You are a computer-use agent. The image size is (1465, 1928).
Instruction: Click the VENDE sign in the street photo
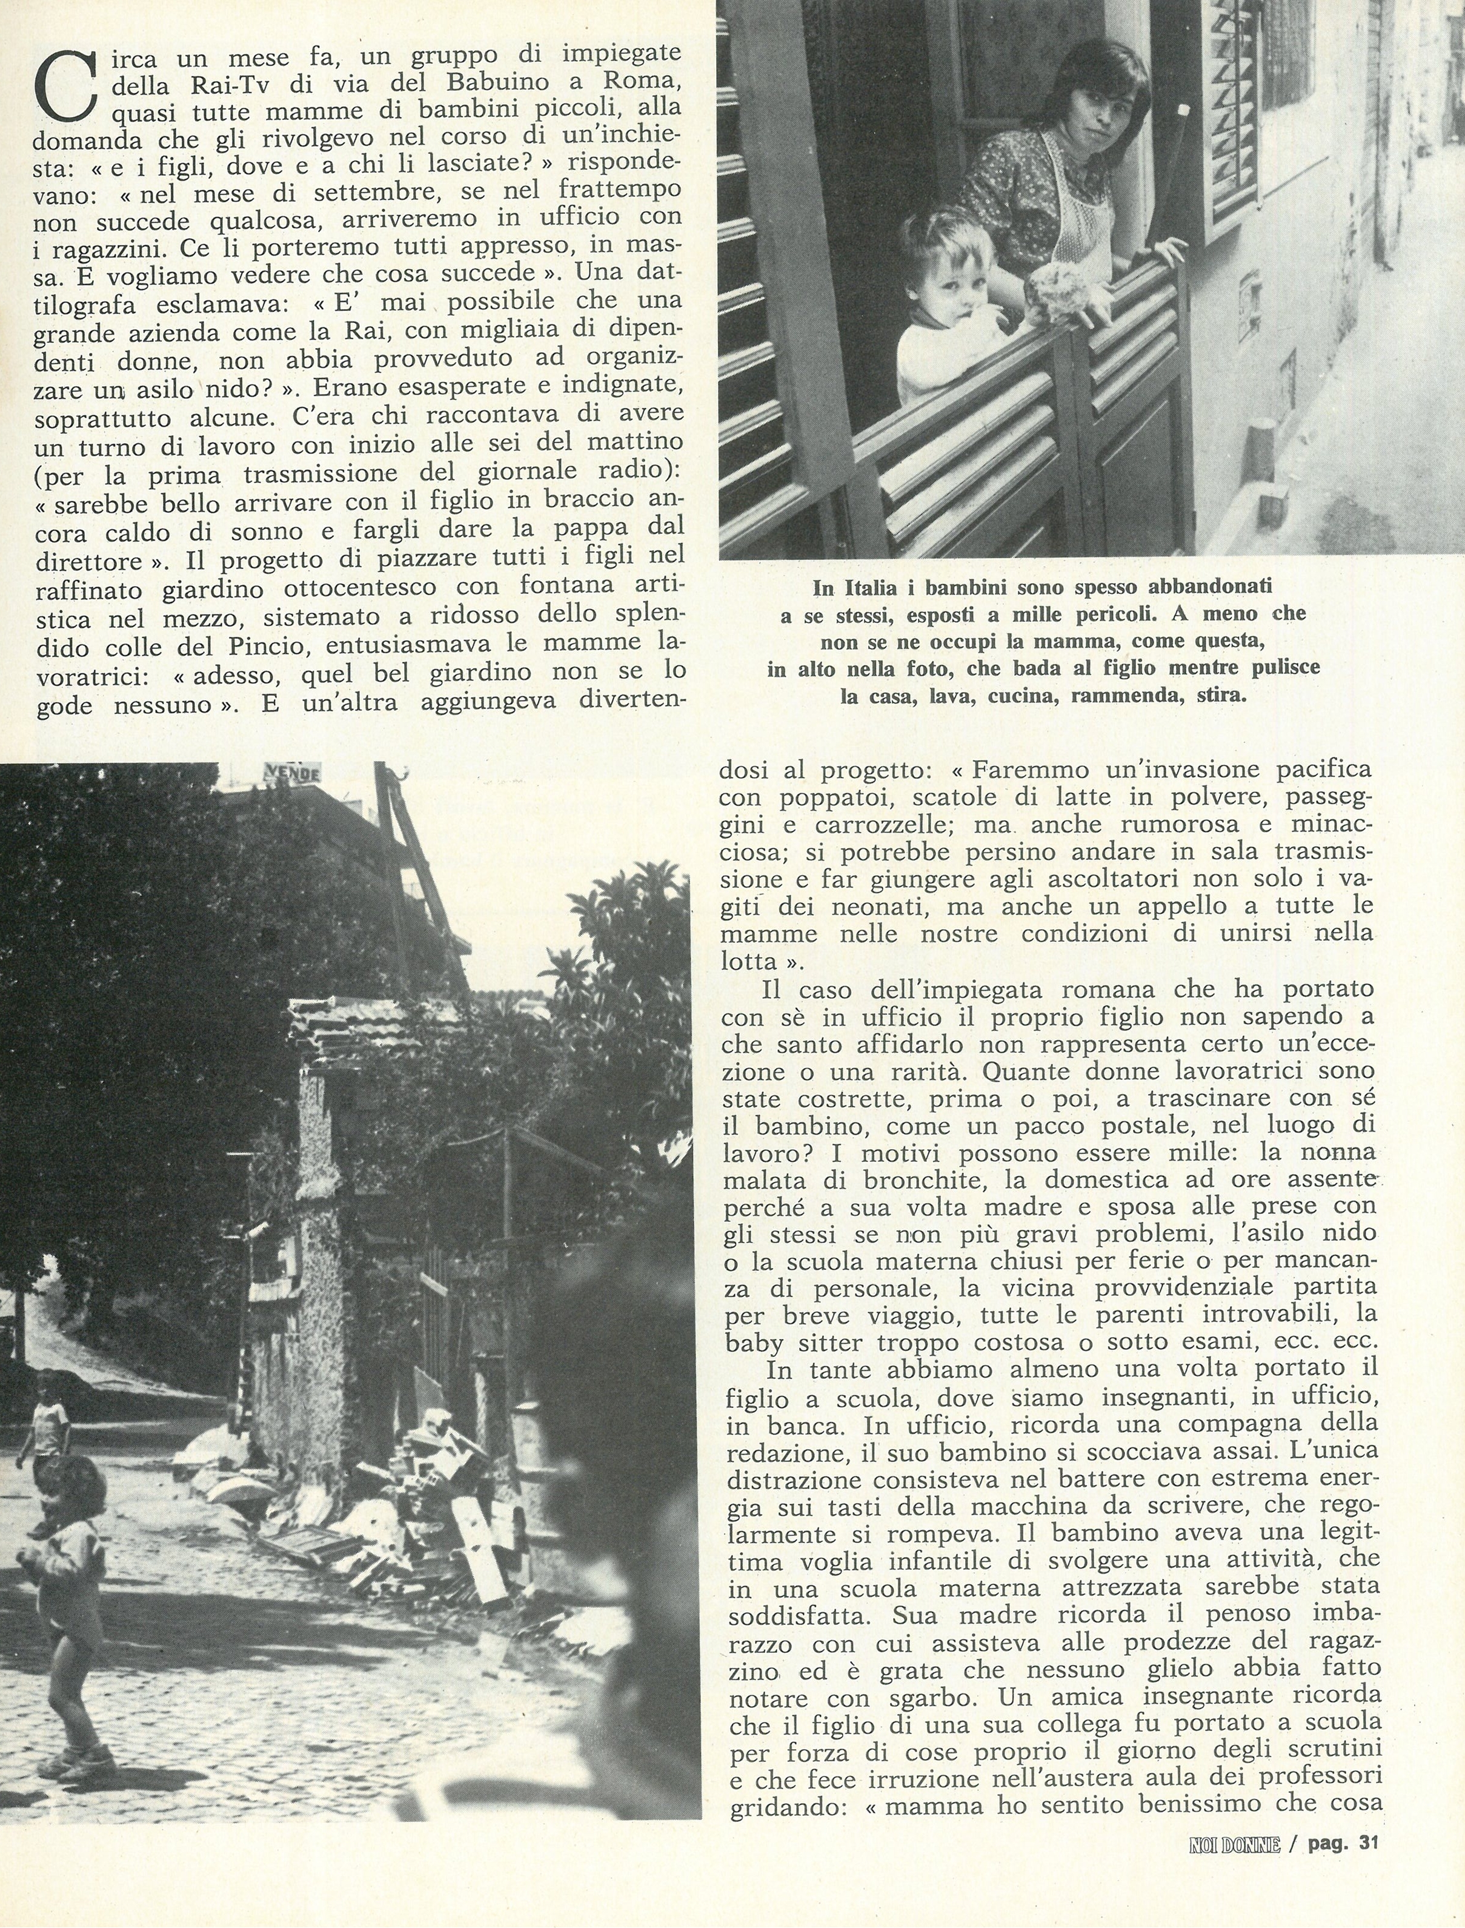291,772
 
